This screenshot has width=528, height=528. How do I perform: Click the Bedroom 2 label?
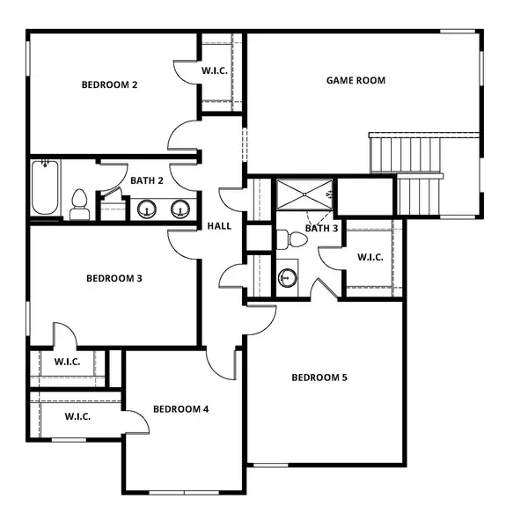coord(109,85)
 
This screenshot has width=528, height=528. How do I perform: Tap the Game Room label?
coord(356,80)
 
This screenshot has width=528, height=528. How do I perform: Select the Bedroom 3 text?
coord(114,279)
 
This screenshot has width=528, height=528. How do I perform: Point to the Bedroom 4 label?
coord(180,409)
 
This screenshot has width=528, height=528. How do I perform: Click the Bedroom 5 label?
coord(319,378)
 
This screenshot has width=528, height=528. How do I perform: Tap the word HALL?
coord(219,226)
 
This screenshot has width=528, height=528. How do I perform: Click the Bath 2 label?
coord(147,180)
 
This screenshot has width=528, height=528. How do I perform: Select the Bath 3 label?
coord(321,229)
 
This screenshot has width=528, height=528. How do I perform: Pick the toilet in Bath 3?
coord(286,238)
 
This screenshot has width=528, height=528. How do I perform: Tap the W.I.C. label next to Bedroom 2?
coord(216,70)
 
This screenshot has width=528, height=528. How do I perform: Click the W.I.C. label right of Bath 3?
coord(370,258)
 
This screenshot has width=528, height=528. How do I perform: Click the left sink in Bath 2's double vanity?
coord(145,209)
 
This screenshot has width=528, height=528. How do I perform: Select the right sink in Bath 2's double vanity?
coord(180,209)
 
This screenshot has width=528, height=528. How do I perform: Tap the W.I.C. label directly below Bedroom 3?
coord(68,361)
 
